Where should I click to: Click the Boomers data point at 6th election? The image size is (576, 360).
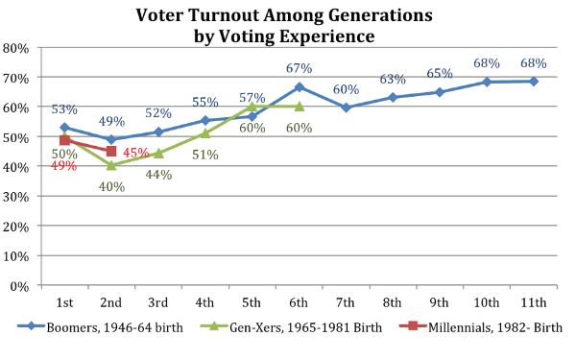click(x=300, y=87)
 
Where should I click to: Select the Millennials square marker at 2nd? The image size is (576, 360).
click(x=111, y=151)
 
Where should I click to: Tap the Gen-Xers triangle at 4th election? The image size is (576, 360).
click(x=205, y=133)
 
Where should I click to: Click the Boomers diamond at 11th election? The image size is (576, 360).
click(x=534, y=82)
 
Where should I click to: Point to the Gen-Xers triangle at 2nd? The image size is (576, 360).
click(x=111, y=165)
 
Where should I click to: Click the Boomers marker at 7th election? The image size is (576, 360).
click(x=346, y=108)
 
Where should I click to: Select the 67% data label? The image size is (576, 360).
click(x=299, y=68)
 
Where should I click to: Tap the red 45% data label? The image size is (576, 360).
click(x=136, y=153)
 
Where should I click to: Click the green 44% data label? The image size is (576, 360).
click(x=158, y=175)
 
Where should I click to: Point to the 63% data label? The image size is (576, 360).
click(x=393, y=79)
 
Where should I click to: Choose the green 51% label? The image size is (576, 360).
click(x=205, y=155)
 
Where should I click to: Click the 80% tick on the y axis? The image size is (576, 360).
click(x=15, y=48)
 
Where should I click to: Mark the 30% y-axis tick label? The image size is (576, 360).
click(x=15, y=197)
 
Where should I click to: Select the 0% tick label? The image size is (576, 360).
click(x=19, y=286)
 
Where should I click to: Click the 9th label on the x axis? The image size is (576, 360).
click(x=439, y=302)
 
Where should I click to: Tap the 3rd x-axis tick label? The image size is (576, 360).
click(x=158, y=302)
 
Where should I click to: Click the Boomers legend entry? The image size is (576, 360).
click(x=100, y=327)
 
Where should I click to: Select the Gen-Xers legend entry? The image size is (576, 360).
click(x=291, y=327)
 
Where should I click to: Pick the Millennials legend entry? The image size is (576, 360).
click(x=481, y=327)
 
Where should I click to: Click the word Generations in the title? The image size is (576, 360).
click(x=380, y=15)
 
